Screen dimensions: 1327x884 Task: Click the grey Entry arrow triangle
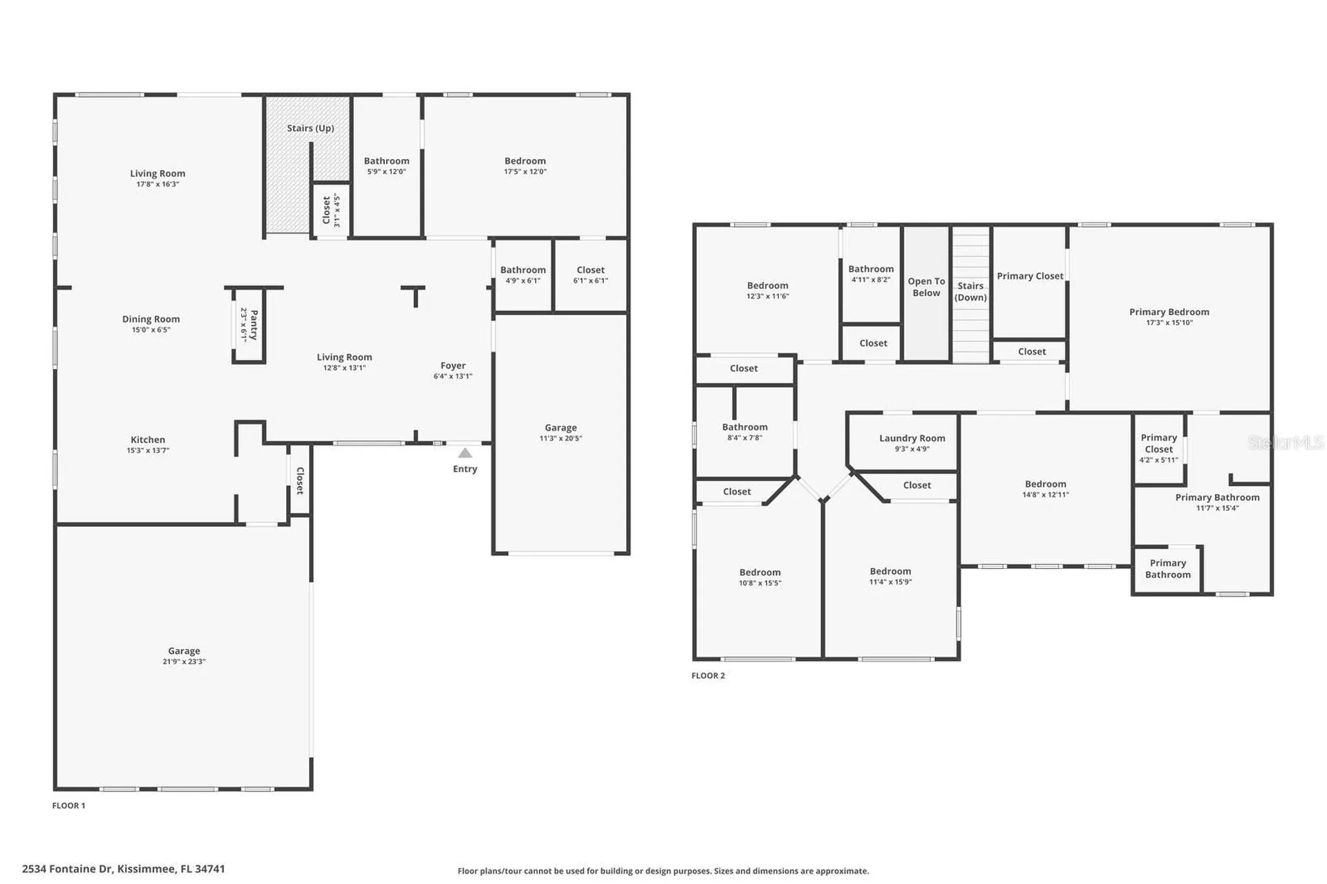(x=465, y=453)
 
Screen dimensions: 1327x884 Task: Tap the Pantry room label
(x=254, y=325)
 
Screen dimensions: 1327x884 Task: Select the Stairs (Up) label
(x=310, y=128)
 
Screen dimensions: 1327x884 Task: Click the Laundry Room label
(x=912, y=438)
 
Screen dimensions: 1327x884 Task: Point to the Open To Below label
(x=926, y=287)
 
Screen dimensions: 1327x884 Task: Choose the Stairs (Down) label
(x=970, y=292)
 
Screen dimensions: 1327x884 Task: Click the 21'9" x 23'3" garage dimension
(x=184, y=661)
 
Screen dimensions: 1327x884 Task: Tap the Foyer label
(x=453, y=366)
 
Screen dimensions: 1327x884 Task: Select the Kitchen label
(x=148, y=440)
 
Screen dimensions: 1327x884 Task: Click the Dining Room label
(x=151, y=319)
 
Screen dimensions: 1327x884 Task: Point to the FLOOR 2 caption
(x=708, y=675)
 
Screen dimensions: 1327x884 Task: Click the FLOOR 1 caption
(x=68, y=805)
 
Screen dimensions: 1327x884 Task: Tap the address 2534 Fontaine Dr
(x=67, y=869)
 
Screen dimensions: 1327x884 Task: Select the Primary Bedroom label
(x=1169, y=312)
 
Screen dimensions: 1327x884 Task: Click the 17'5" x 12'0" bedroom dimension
(x=525, y=171)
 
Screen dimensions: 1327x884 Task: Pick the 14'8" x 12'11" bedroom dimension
(x=1046, y=494)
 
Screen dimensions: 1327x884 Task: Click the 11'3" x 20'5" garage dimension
(x=561, y=438)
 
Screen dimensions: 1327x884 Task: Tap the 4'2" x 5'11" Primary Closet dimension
(x=1159, y=460)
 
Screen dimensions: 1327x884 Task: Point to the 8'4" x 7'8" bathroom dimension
(x=745, y=438)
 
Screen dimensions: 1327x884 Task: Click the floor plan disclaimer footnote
(x=663, y=871)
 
